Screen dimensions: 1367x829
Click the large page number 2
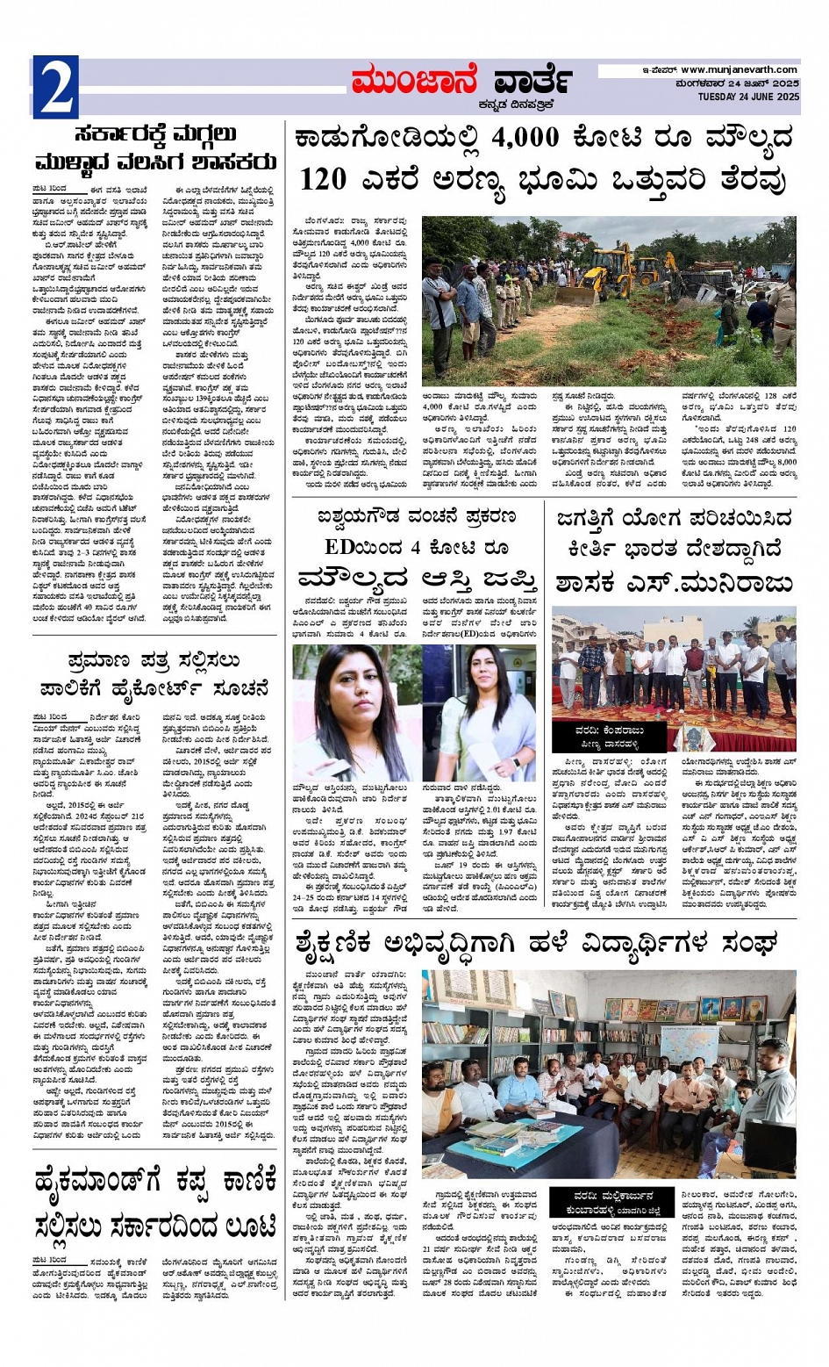coord(55,87)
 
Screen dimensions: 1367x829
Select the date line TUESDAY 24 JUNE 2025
coord(748,97)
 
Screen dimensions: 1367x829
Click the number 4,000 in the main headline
coord(525,138)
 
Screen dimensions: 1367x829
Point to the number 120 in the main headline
coord(323,180)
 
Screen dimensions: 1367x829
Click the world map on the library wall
coord(688,1045)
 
